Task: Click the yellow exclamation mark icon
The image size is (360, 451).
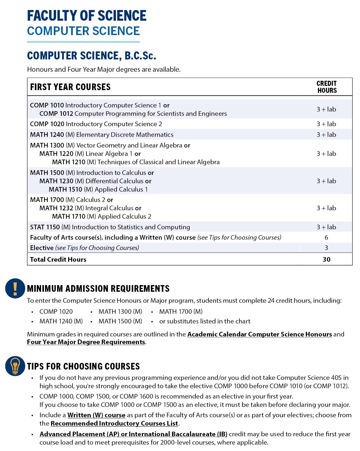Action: click(x=15, y=288)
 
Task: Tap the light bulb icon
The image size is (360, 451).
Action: click(x=15, y=366)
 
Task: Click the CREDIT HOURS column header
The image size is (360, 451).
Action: click(x=326, y=87)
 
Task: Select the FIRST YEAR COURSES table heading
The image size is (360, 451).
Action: click(x=70, y=87)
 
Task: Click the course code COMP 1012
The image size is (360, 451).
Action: click(x=56, y=114)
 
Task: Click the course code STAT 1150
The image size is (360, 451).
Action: click(x=45, y=227)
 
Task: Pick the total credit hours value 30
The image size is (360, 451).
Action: click(x=326, y=259)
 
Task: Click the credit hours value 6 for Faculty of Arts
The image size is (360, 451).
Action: click(x=326, y=237)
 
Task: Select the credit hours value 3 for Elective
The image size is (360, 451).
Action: click(x=326, y=248)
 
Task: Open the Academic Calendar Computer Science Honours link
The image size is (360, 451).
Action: click(x=259, y=334)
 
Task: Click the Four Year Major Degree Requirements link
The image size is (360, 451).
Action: click(x=86, y=342)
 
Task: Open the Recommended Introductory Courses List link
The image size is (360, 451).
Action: click(x=114, y=423)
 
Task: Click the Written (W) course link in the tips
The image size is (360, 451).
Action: click(x=96, y=415)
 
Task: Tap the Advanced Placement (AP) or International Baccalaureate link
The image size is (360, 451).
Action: click(x=133, y=434)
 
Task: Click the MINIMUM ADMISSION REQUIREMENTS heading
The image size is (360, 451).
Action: click(x=98, y=288)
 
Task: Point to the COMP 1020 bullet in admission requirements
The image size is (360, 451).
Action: click(x=56, y=311)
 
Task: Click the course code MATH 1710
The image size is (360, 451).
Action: click(x=68, y=216)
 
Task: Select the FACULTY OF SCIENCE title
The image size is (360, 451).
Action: click(x=86, y=16)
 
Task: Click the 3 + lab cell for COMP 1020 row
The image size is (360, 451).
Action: click(x=326, y=124)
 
